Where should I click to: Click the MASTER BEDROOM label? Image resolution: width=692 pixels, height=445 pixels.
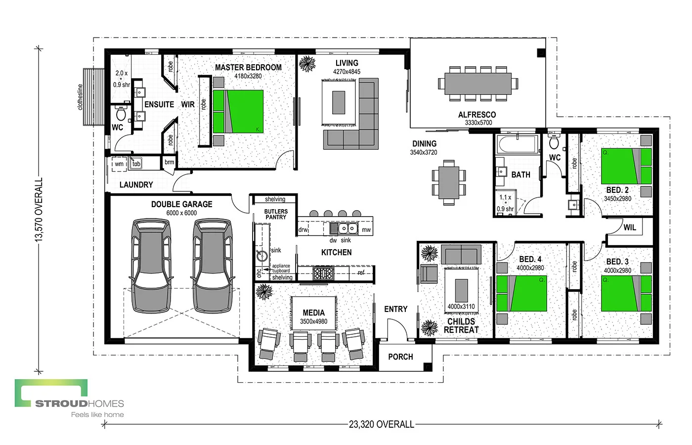tap(248, 67)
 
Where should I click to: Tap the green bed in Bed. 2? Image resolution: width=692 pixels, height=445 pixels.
tap(626, 166)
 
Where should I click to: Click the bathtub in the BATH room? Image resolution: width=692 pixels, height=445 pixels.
tap(517, 145)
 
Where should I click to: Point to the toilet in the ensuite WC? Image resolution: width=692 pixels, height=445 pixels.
tap(120, 115)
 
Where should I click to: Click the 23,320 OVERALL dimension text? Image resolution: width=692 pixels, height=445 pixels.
tap(381, 424)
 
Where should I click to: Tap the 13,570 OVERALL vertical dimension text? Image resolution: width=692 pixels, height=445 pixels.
tap(39, 210)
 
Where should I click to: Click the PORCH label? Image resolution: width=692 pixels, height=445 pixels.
tap(400, 356)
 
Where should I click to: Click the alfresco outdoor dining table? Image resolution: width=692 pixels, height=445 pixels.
tap(477, 84)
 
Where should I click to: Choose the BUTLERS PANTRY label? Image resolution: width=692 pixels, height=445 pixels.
tap(276, 214)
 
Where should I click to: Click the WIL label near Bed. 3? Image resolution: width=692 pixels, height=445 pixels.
tap(630, 227)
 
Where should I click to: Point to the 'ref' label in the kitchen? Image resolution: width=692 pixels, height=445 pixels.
tap(361, 272)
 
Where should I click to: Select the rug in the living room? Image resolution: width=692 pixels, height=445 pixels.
tap(339, 102)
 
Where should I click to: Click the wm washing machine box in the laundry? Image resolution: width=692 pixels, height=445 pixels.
tap(119, 164)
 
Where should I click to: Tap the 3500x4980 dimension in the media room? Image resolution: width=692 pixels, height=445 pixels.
tap(313, 321)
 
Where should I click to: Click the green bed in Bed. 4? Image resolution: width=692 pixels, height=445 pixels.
tap(522, 293)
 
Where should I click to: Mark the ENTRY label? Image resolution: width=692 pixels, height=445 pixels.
tap(396, 309)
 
